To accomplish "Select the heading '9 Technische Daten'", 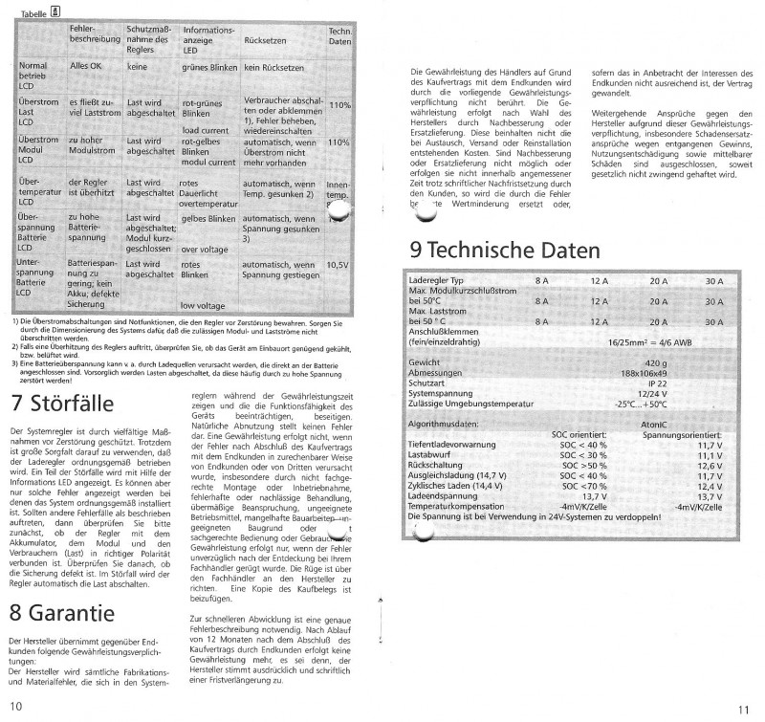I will tap(505, 251).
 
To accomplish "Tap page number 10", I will tap(16, 706).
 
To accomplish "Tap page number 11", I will tap(744, 708).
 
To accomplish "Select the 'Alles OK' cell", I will tap(92, 69).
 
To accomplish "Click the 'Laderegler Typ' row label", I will tap(441, 280).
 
